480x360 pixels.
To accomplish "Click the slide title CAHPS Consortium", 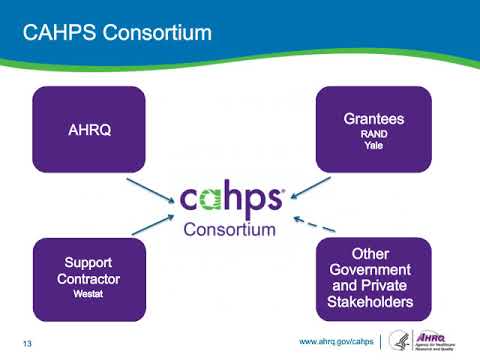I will coord(118,33).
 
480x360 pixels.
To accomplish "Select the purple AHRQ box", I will coord(89,129).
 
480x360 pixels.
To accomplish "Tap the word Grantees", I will coord(374,117).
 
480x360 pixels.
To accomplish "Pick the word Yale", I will coord(374,145).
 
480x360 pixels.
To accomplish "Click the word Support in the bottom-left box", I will coord(89,263).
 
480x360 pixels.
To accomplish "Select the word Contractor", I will coord(89,279).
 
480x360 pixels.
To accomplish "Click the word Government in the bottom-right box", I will coord(374,270).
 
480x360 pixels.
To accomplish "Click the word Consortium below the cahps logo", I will coord(230,229).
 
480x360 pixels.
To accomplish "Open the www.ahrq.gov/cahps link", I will coord(336,342).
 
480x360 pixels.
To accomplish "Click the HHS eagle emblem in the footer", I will coord(399,340).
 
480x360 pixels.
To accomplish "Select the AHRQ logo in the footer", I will coord(437,340).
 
